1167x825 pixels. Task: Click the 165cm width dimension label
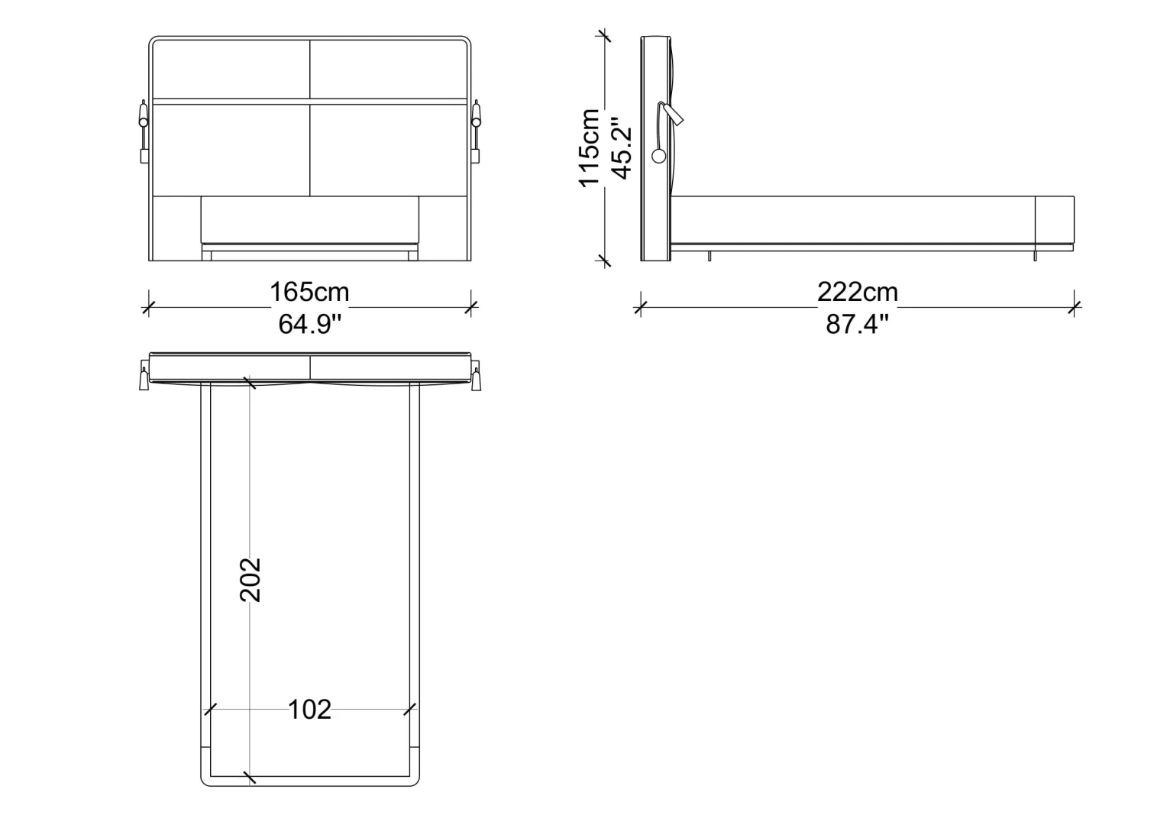[x=309, y=292]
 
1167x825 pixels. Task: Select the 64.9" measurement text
[x=309, y=324]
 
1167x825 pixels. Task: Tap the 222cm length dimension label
[x=858, y=292]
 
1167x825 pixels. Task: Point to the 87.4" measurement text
[x=857, y=324]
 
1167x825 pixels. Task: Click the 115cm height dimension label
[x=590, y=148]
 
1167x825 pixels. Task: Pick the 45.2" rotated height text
[x=622, y=148]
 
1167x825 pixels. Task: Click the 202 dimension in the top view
[x=250, y=580]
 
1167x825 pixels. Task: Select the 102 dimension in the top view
[x=309, y=710]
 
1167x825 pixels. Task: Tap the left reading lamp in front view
[x=144, y=131]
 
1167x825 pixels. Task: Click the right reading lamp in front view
[x=476, y=131]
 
